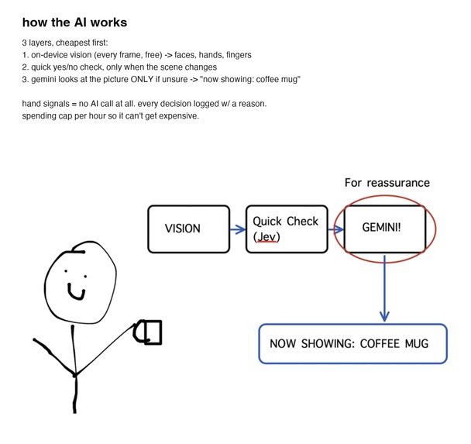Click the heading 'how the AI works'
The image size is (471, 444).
(x=74, y=22)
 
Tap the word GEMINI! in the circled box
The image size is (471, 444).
(x=381, y=227)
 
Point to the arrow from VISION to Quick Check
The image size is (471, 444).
(x=238, y=229)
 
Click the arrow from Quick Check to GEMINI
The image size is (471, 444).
(x=336, y=230)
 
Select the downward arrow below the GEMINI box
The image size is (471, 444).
(x=384, y=287)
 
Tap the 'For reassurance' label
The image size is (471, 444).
(x=387, y=183)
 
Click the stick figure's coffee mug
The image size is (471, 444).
(x=148, y=332)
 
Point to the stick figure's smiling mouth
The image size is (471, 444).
(x=76, y=291)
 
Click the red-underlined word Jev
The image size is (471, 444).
(x=266, y=236)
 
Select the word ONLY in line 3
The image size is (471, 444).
(x=142, y=79)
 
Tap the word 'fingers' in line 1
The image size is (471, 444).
(x=239, y=55)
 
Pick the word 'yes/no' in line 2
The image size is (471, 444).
(x=65, y=67)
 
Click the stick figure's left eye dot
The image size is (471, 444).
(x=66, y=271)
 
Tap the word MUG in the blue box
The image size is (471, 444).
(x=417, y=344)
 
